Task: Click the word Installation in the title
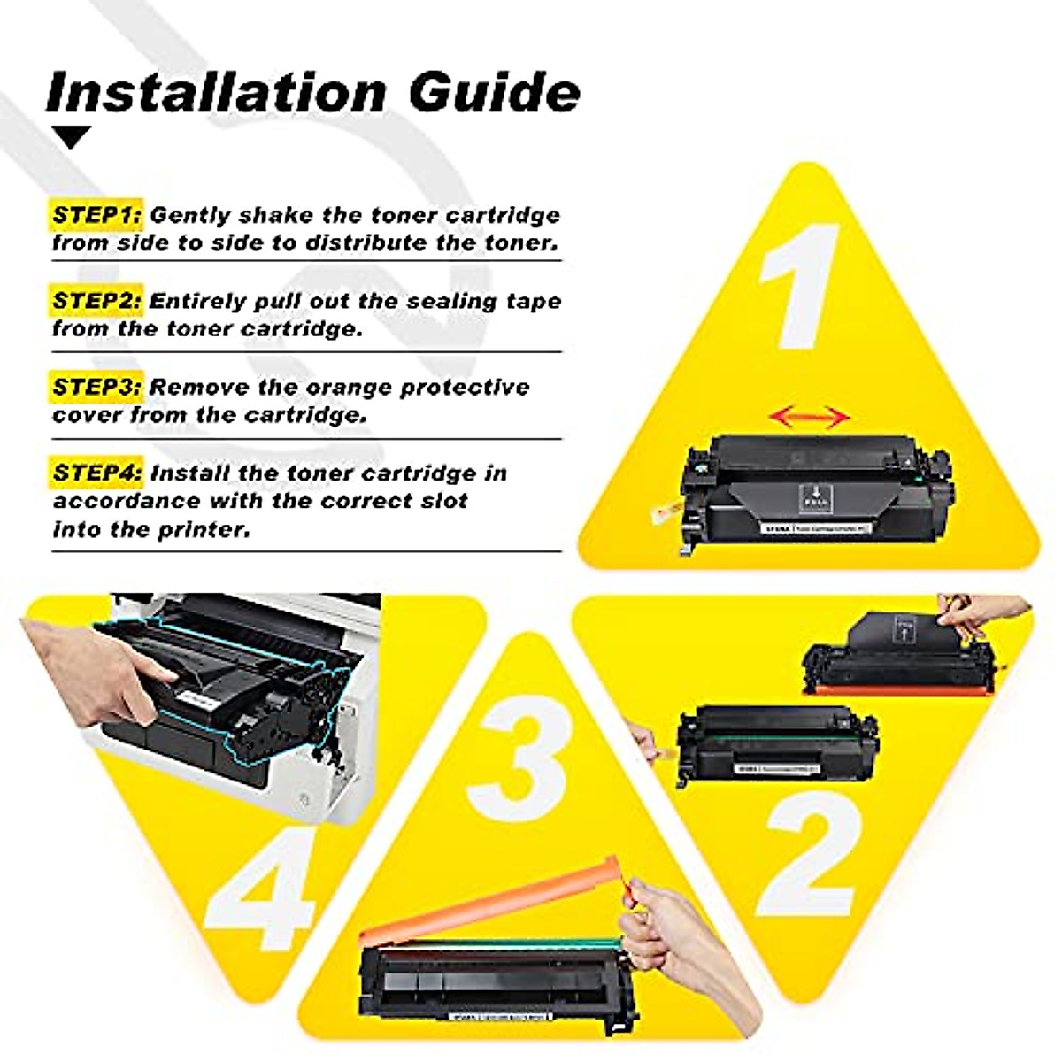216,91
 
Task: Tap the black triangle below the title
72,137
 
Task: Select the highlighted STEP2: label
96,301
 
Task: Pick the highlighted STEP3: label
96,387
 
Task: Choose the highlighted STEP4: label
96,473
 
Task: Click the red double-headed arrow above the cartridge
809,416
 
